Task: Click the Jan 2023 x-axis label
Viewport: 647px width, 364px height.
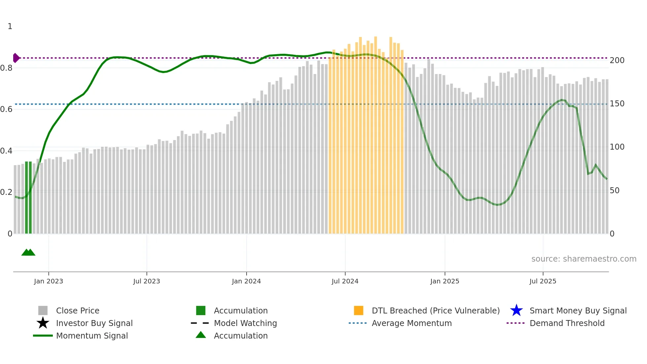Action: (x=48, y=281)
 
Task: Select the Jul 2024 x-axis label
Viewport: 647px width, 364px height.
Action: (x=345, y=281)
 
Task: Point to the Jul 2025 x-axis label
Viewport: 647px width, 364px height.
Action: (x=543, y=281)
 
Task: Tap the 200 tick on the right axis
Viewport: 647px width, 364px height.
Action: (x=617, y=60)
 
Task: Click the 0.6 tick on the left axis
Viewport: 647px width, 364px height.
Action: (x=6, y=109)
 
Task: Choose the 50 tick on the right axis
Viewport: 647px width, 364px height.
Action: (x=614, y=191)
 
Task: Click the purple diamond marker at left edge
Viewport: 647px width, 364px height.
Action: (x=16, y=58)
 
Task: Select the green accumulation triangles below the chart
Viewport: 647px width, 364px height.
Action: (x=28, y=252)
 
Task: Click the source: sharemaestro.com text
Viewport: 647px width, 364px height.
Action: (x=584, y=259)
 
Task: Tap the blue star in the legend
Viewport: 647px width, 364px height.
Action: (x=516, y=310)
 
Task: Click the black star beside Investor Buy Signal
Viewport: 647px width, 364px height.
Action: (x=43, y=323)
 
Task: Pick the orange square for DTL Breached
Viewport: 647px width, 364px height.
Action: (x=358, y=310)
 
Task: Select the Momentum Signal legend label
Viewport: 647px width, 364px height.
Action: (x=92, y=336)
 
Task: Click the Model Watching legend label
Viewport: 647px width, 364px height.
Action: (x=245, y=323)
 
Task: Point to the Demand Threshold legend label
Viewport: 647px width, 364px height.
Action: (x=567, y=323)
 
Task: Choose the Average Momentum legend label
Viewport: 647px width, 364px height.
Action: (x=412, y=323)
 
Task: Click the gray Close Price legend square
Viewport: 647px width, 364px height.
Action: (x=43, y=310)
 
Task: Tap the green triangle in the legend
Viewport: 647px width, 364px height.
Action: (x=201, y=335)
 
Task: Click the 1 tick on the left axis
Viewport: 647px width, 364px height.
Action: (x=10, y=26)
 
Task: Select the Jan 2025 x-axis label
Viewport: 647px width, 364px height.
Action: (x=445, y=281)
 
